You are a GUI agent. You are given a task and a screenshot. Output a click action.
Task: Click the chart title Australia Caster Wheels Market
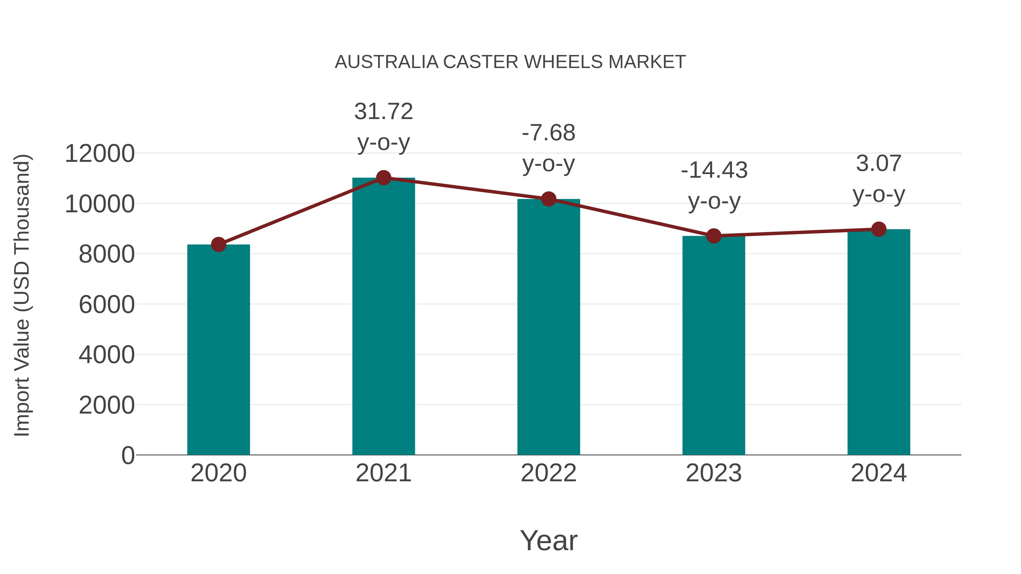click(510, 62)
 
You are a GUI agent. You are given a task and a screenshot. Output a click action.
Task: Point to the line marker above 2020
click(218, 244)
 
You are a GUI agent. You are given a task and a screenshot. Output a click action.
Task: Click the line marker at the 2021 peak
click(383, 178)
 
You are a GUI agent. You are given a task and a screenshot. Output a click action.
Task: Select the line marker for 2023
click(714, 236)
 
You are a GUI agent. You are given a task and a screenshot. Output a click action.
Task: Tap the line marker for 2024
click(878, 229)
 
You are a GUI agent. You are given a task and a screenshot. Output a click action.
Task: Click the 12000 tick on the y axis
click(100, 154)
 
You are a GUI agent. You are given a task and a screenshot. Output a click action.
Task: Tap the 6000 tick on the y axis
click(107, 305)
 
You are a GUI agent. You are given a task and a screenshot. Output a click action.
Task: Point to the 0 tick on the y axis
click(128, 455)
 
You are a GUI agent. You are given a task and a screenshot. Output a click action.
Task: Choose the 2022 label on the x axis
click(548, 473)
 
